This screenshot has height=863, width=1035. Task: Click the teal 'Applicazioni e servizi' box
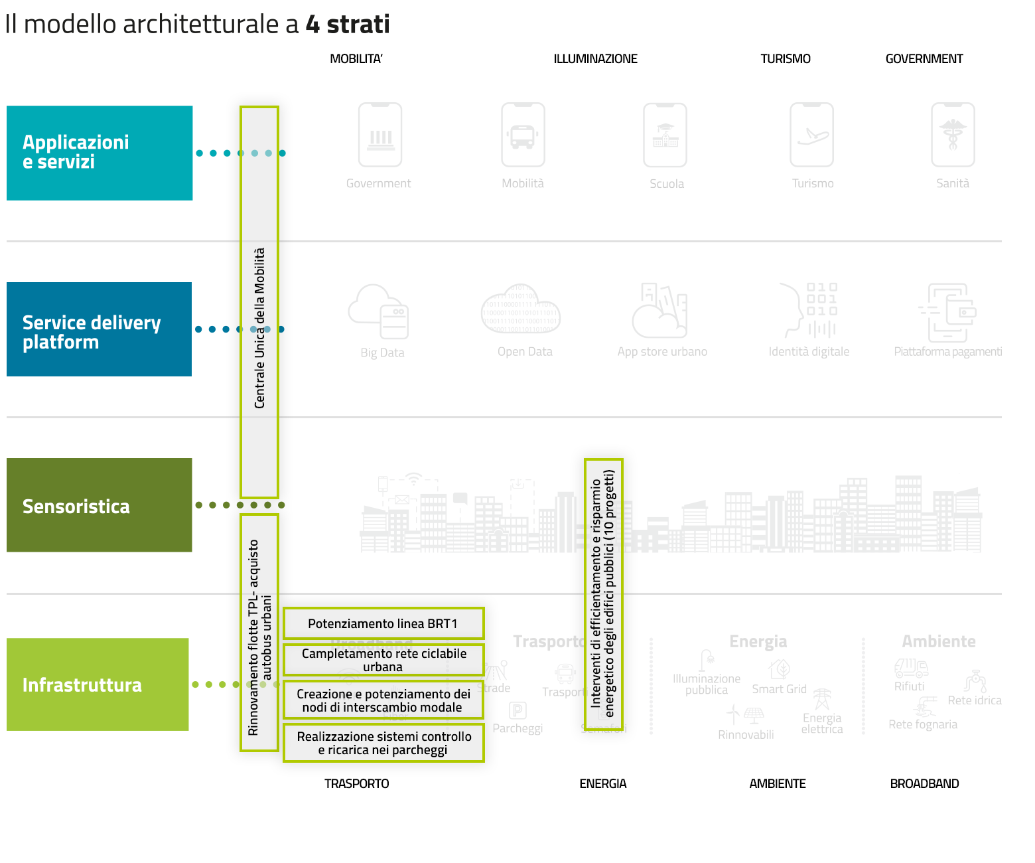coord(100,153)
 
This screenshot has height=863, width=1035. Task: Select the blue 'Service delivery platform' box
coord(100,329)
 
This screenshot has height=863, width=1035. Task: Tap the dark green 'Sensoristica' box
coord(100,505)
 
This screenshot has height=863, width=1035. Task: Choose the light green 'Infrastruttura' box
coord(98,684)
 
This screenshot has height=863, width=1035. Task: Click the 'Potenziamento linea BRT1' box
coord(383,624)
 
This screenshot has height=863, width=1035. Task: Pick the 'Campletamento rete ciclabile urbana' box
coord(383,660)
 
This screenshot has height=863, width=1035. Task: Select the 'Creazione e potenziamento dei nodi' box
coord(383,700)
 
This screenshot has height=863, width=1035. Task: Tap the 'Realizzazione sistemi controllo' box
coord(383,743)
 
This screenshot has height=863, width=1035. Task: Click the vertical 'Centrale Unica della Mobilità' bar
coord(259,302)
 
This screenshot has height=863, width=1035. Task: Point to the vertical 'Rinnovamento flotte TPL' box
coord(259,633)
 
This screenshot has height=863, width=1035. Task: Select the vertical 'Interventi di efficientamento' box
coord(603,593)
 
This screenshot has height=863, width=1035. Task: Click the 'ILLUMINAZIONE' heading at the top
coord(595,59)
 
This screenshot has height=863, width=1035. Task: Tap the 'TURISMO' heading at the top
coord(786,59)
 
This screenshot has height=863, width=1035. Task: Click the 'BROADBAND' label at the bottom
coord(924,784)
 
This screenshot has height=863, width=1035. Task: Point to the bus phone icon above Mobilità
coord(523,135)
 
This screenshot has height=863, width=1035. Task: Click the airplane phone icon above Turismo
coord(812,135)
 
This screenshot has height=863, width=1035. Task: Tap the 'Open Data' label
coord(525,352)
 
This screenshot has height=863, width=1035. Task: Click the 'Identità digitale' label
coord(809,352)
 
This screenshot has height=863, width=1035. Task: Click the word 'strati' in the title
coord(358,25)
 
